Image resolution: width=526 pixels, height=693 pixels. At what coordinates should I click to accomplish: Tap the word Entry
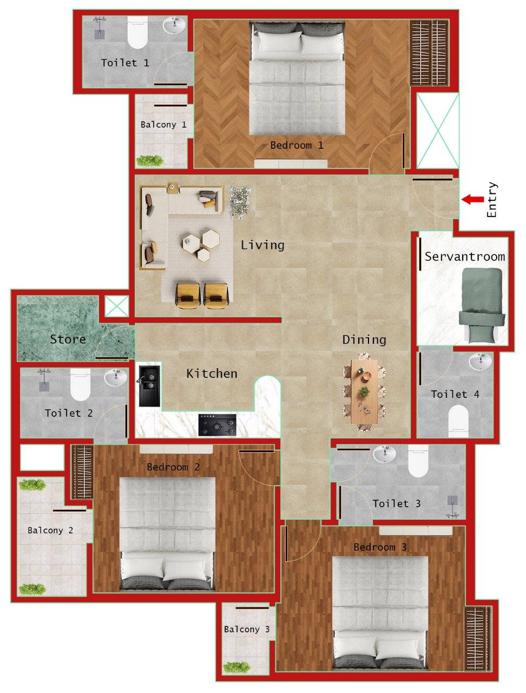tap(491, 200)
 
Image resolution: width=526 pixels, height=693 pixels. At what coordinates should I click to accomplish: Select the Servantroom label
tap(464, 257)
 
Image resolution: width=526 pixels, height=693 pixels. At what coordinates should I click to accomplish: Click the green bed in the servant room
tap(482, 306)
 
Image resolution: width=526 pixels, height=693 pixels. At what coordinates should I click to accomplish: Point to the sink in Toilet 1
tap(174, 25)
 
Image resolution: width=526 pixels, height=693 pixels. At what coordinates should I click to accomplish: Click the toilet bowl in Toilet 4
tap(458, 421)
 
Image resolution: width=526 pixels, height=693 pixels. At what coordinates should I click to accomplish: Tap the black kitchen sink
tap(149, 385)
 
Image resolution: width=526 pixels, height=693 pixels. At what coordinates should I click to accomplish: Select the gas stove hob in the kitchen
tap(217, 424)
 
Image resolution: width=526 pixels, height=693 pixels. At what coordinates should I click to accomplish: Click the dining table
tap(364, 391)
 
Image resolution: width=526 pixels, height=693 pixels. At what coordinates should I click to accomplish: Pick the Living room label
tap(262, 245)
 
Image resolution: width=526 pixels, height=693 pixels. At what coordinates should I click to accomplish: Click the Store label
tap(68, 339)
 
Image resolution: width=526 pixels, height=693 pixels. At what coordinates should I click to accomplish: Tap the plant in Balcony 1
tap(149, 160)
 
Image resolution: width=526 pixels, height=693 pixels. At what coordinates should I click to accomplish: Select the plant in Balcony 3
tap(237, 667)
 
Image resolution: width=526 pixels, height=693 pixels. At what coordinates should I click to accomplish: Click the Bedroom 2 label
tap(173, 467)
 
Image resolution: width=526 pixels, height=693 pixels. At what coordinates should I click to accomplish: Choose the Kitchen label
tap(212, 374)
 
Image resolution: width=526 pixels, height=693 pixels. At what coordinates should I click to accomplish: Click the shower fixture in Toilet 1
tap(100, 27)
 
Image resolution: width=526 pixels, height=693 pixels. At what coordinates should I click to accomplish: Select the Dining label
tap(364, 340)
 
